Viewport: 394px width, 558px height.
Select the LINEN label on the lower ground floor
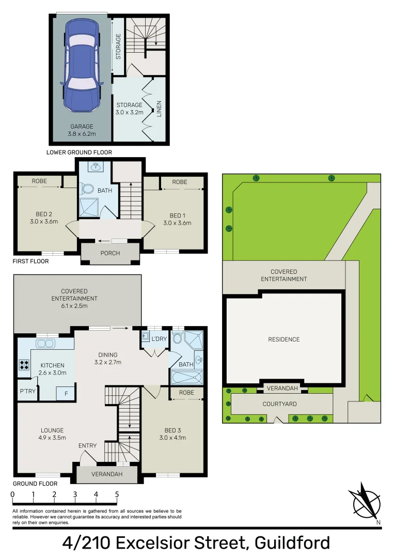[x=159, y=108]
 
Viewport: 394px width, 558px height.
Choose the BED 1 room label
[x=177, y=219]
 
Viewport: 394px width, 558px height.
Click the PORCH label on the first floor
[x=110, y=253]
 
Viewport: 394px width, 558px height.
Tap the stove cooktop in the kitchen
[x=24, y=365]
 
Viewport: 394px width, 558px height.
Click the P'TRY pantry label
[x=27, y=391]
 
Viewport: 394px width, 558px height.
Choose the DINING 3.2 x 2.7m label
[x=108, y=359]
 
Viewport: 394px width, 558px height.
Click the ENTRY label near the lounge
[x=87, y=445]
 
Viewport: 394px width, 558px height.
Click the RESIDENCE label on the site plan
[x=283, y=339]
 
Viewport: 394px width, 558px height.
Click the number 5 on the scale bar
[x=117, y=494]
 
